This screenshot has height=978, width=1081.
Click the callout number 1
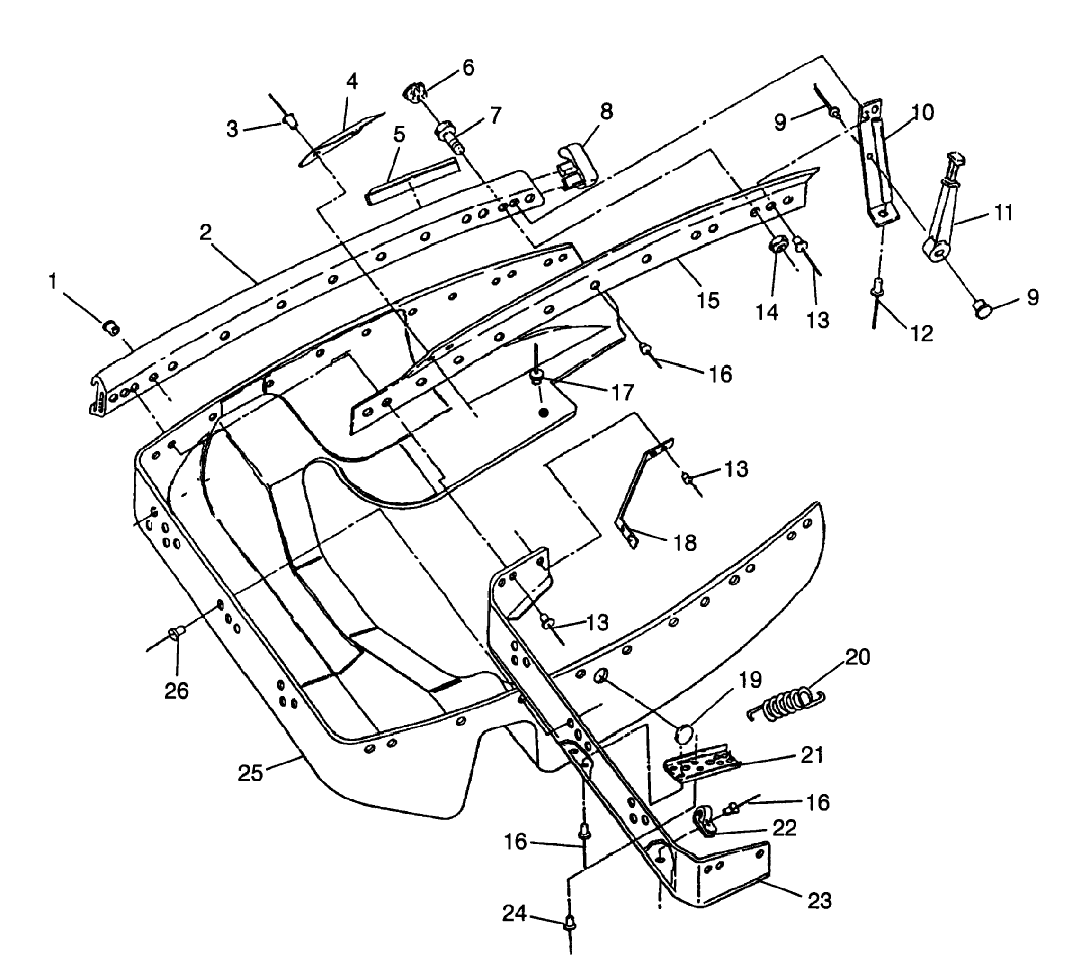(53, 282)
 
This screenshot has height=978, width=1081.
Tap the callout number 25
(250, 773)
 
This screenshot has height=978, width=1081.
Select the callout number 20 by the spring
(857, 656)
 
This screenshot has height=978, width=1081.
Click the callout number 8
(606, 112)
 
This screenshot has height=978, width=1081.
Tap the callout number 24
(514, 913)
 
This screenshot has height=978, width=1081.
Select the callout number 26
(177, 691)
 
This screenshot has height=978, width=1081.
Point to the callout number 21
(812, 755)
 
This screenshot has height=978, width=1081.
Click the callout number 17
(623, 392)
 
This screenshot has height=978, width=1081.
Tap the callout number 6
(468, 68)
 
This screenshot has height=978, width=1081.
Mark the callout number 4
(352, 81)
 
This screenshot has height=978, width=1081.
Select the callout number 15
(708, 300)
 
